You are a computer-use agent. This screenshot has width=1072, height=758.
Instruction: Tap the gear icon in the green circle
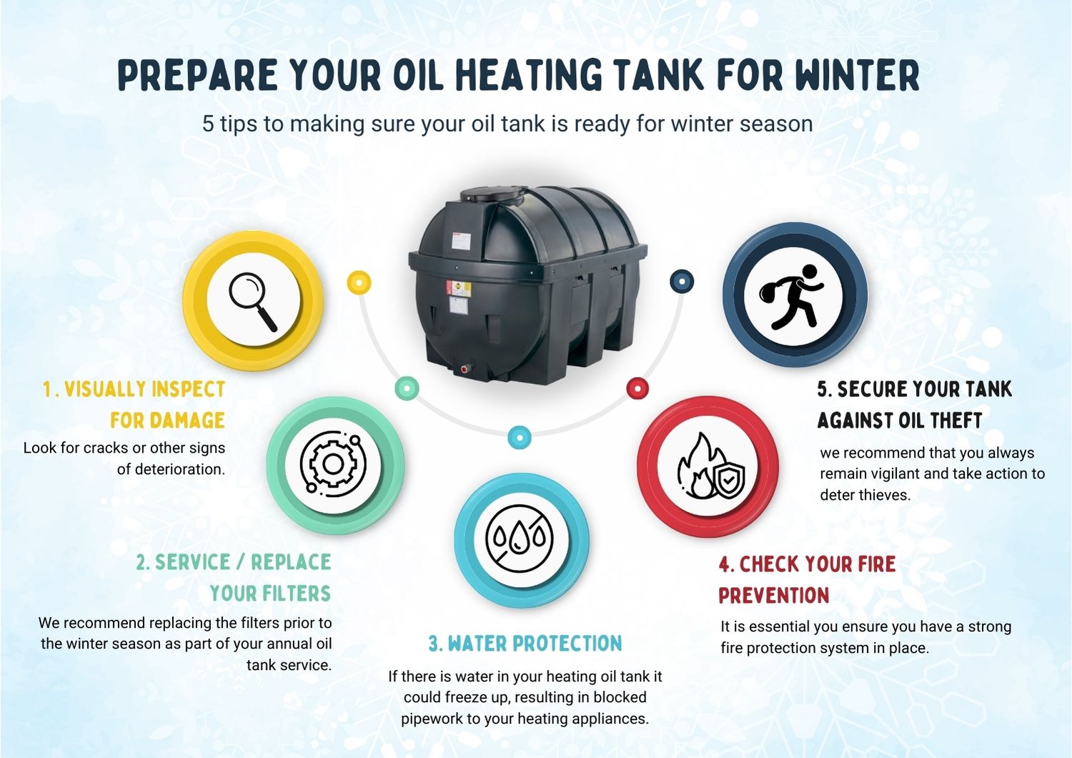click(333, 465)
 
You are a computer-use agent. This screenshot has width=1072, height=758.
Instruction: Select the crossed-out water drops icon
click(520, 540)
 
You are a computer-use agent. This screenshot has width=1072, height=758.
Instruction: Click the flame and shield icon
click(710, 467)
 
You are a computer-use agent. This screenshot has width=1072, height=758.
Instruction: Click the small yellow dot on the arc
click(359, 282)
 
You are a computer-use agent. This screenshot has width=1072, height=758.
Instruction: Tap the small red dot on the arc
click(637, 388)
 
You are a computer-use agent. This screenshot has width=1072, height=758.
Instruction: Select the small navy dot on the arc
click(682, 281)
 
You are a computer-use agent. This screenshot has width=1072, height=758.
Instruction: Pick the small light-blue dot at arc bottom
click(520, 437)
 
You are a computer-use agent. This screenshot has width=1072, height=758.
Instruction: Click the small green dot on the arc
click(407, 388)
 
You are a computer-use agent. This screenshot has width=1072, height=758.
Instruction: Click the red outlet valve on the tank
click(465, 369)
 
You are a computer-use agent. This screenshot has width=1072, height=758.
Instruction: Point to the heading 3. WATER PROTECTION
click(525, 644)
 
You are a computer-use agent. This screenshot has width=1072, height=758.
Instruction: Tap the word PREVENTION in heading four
click(773, 596)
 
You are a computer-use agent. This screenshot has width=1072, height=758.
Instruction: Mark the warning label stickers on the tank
click(459, 297)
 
